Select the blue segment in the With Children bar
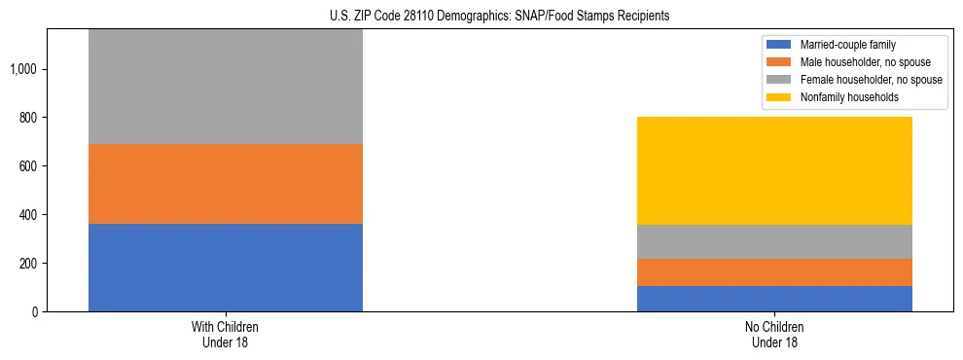225,268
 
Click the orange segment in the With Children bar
225,184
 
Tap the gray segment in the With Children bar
225,88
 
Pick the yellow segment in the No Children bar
774,170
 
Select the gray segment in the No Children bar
774,241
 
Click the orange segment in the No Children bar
774,272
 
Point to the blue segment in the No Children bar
774,299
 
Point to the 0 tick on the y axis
34,312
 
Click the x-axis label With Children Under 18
225,334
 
